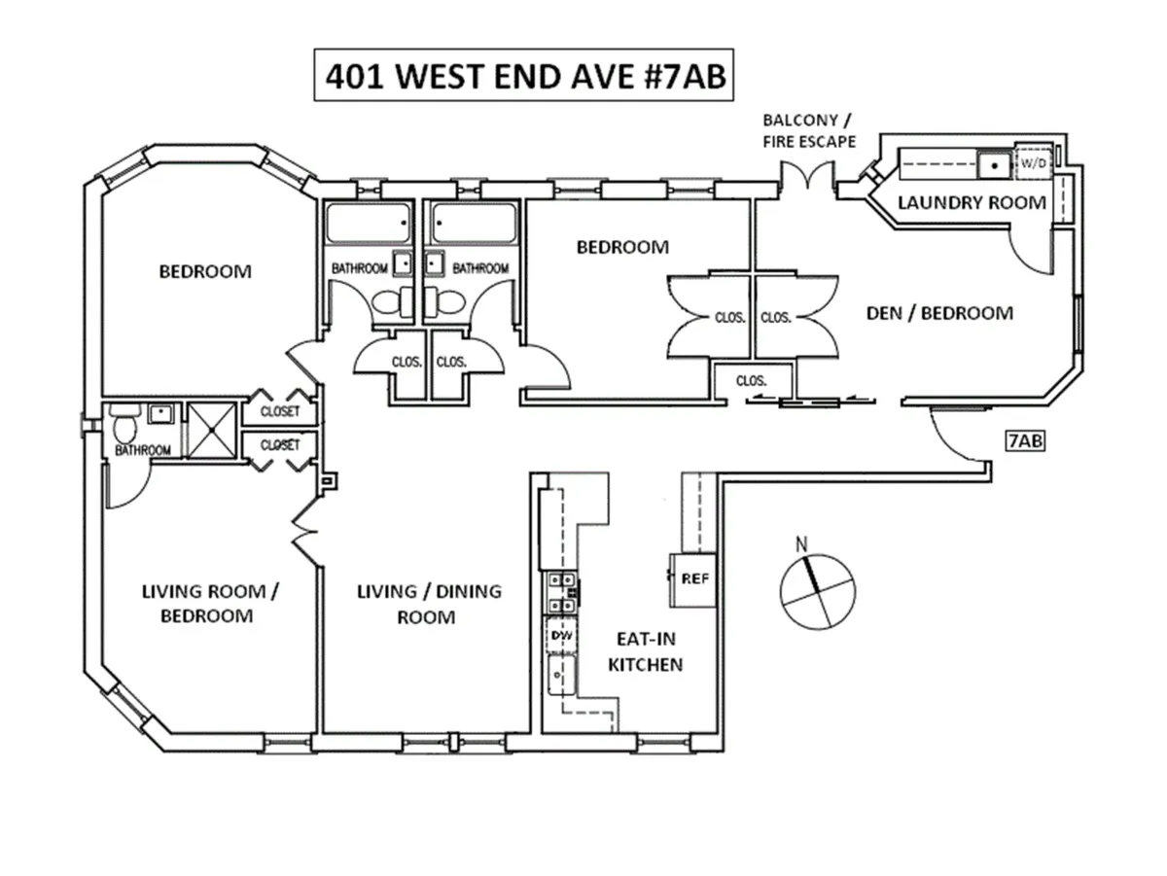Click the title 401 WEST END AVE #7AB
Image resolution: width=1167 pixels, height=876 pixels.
[522, 76]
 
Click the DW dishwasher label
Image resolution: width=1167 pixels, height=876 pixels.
[560, 635]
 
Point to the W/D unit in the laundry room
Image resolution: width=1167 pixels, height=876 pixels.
[1033, 163]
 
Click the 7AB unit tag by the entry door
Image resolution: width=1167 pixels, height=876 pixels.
[1025, 440]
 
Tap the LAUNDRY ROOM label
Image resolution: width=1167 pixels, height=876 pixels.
[971, 203]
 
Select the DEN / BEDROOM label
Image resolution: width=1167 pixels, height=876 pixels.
[939, 313]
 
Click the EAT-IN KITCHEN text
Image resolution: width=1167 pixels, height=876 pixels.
[646, 652]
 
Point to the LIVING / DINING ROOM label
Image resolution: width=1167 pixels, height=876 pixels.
[429, 604]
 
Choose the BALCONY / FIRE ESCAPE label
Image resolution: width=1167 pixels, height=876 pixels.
[809, 130]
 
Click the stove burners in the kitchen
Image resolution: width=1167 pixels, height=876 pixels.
[560, 592]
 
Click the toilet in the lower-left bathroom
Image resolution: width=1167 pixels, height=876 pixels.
[123, 427]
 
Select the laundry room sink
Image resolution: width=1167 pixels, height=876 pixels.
[994, 163]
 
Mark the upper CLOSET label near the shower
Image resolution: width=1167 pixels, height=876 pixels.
[280, 412]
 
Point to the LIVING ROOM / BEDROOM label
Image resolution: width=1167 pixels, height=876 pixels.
[197, 603]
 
